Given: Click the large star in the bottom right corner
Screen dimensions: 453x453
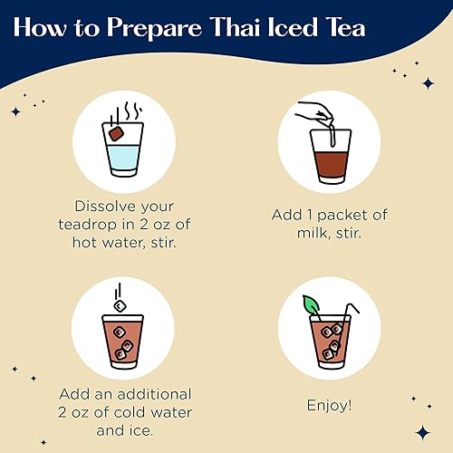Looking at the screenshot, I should click(x=422, y=432).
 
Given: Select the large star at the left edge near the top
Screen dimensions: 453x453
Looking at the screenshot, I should click(x=14, y=111).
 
